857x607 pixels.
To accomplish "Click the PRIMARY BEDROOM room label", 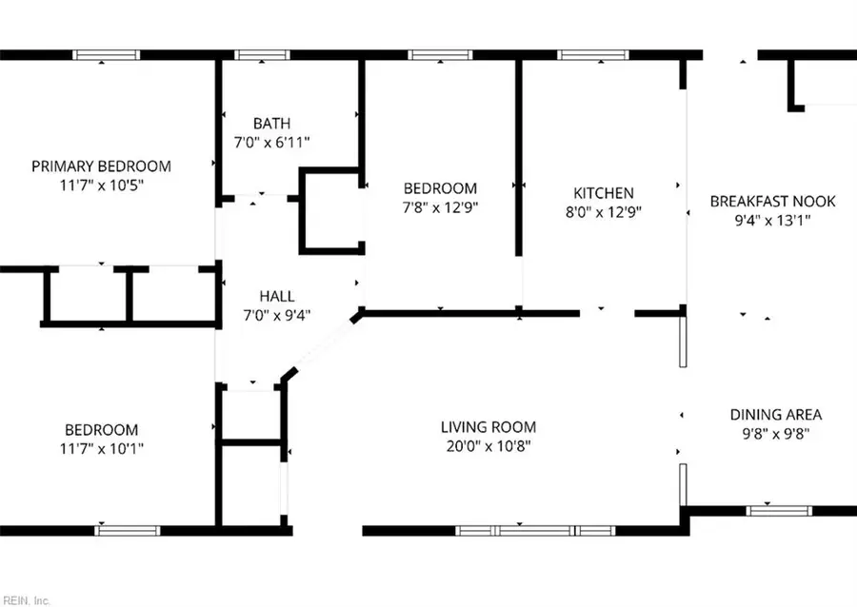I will click(x=101, y=166).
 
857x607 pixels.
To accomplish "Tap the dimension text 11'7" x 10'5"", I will click(x=101, y=185).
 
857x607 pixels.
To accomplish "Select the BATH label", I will click(x=271, y=124).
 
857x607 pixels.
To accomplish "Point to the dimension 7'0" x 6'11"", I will click(x=271, y=142).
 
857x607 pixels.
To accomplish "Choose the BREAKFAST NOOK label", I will click(x=772, y=201).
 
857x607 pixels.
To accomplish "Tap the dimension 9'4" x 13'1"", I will click(x=772, y=220).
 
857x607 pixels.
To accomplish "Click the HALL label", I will click(x=277, y=296).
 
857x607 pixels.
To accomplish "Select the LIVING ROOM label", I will click(x=488, y=427).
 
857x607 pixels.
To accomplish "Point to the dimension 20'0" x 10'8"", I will click(x=488, y=446).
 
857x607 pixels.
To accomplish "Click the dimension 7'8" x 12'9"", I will click(x=439, y=207).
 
